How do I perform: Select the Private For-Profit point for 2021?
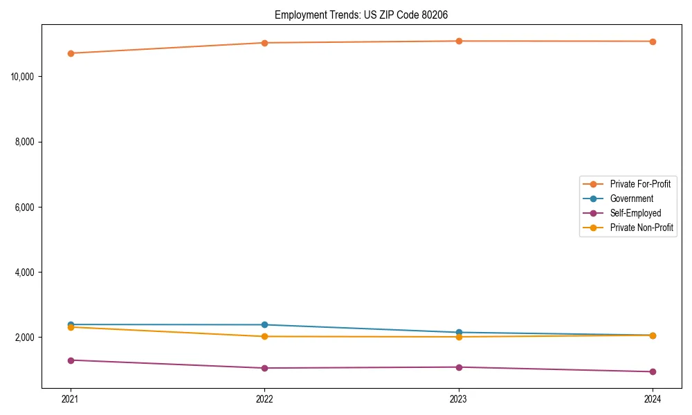pos(71,53)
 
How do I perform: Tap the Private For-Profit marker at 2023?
pos(459,41)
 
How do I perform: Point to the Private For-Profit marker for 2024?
pos(653,41)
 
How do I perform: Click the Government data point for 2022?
pos(264,324)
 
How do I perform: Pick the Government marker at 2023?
pos(459,333)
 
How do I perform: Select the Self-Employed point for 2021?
pos(71,360)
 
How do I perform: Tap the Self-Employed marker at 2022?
pos(264,368)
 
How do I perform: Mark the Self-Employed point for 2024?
pos(653,371)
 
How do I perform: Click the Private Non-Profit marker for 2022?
pos(264,337)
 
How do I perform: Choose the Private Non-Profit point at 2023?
pos(459,337)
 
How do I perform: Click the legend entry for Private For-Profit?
pos(639,184)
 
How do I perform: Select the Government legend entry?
pos(631,199)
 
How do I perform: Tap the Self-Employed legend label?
pos(635,213)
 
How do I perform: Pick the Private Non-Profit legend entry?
pos(641,228)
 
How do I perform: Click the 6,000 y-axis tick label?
pos(26,207)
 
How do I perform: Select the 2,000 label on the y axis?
pos(26,338)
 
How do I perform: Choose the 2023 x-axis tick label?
pos(459,398)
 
